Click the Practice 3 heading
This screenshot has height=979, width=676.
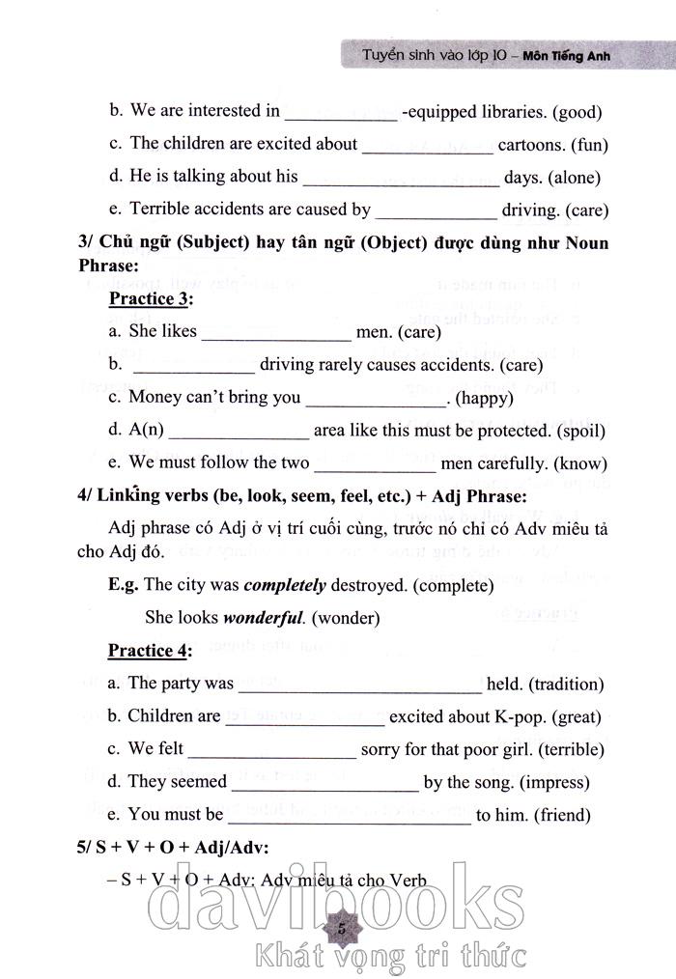click(151, 298)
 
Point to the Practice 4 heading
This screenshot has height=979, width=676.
click(150, 651)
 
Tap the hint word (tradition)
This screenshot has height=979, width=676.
click(565, 685)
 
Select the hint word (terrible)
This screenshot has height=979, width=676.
click(572, 750)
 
